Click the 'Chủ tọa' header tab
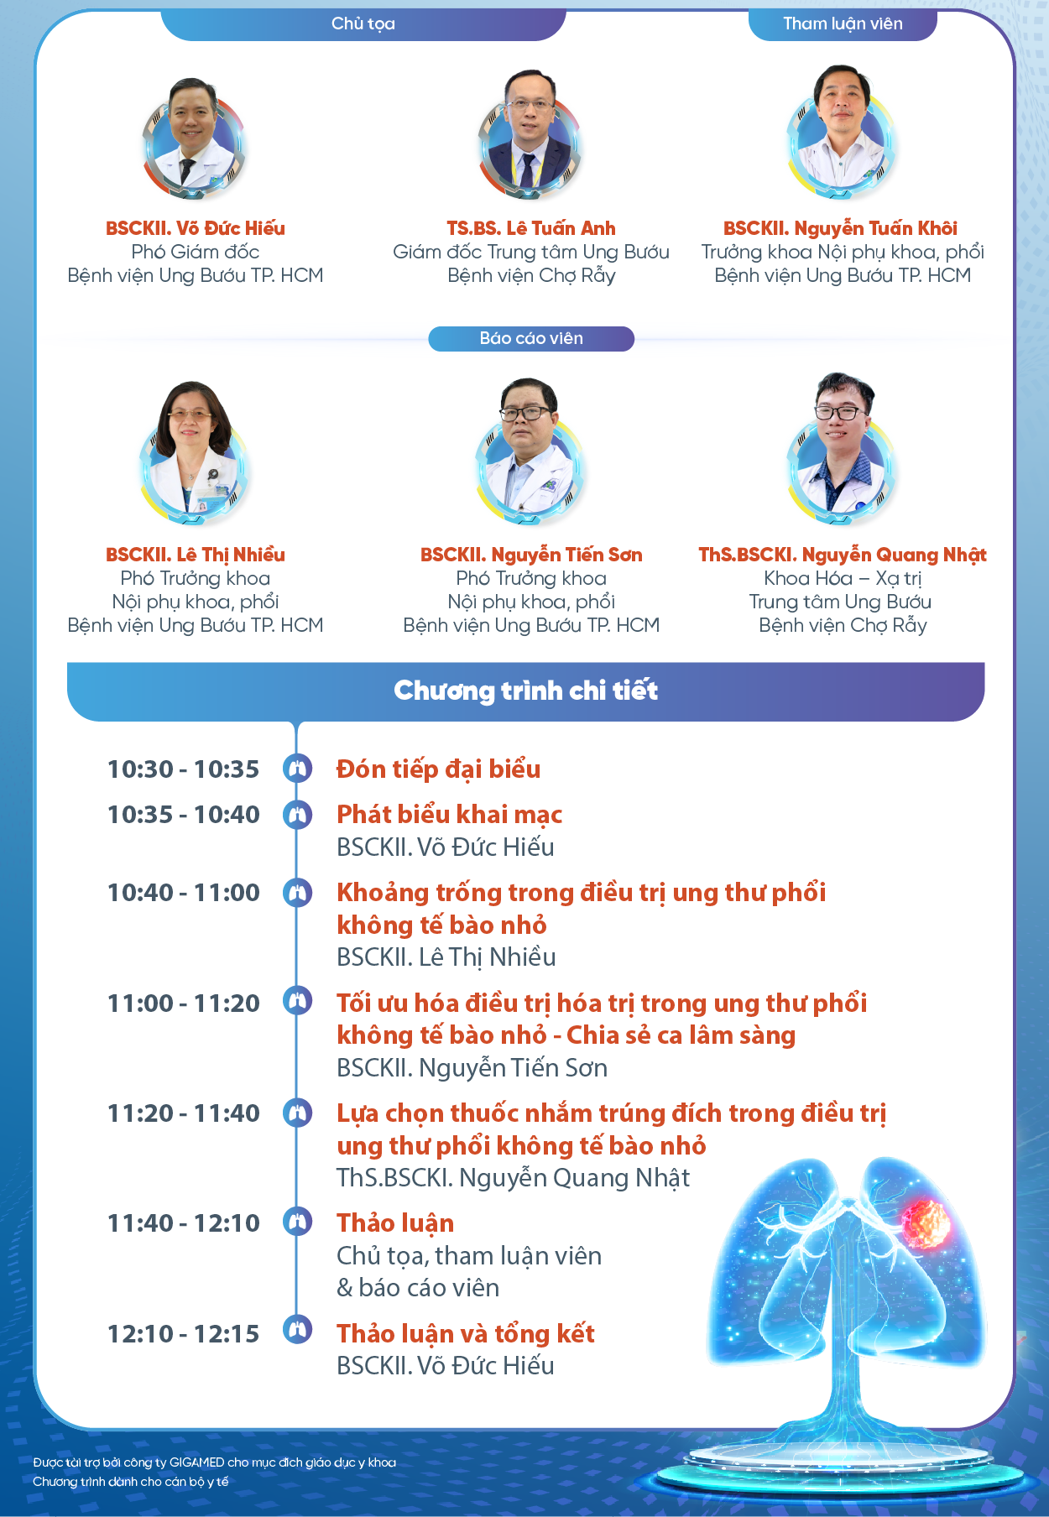pos(363,23)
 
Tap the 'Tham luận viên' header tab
pos(843,23)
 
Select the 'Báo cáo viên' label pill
pos(531,338)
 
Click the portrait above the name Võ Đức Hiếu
pos(194,137)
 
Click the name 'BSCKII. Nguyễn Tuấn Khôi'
pos(840,228)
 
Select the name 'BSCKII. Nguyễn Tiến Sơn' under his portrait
pos(531,555)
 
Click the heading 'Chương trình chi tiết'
pos(526,691)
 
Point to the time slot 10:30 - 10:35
pos(183,769)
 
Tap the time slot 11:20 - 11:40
pos(183,1113)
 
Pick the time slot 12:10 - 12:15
pos(183,1334)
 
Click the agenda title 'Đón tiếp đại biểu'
pos(438,769)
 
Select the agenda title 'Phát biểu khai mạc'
pos(450,815)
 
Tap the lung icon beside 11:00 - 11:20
pos(297,1001)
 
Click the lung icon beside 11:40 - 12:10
pos(297,1221)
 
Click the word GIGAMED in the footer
pos(196,1462)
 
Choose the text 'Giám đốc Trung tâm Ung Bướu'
pos(531,252)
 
